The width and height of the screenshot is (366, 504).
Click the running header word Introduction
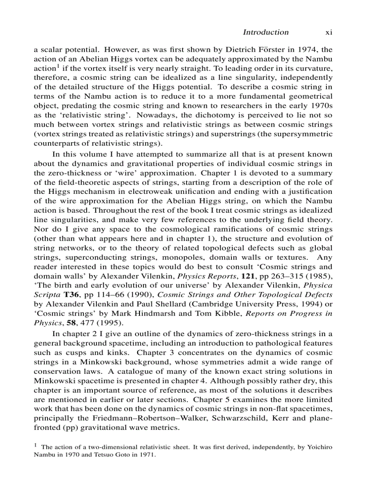coord(266,32)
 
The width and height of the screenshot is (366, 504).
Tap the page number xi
coord(328,32)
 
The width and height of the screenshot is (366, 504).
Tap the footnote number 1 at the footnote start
coord(36,445)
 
